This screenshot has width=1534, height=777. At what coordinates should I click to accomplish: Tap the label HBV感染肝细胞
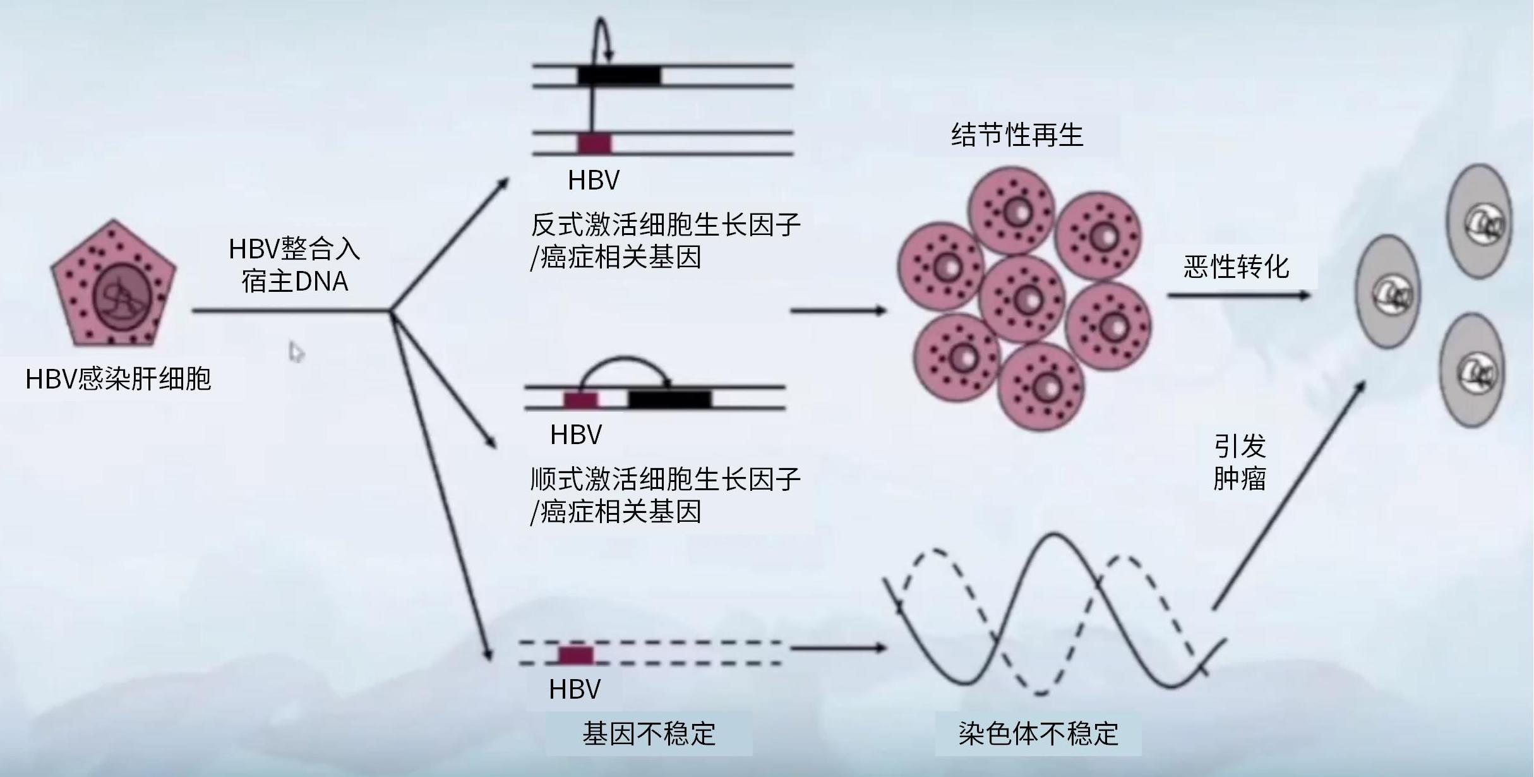[118, 379]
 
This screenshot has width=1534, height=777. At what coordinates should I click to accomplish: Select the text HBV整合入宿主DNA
[294, 265]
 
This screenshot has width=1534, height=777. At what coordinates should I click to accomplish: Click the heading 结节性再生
[1017, 135]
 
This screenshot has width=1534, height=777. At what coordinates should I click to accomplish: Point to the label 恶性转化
[1236, 267]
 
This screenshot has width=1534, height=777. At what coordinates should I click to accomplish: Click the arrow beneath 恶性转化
[1238, 295]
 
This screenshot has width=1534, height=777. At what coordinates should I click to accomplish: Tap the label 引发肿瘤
[1239, 462]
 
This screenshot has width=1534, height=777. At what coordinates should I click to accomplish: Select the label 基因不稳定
[649, 734]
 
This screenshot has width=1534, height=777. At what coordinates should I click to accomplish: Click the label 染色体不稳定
[1038, 734]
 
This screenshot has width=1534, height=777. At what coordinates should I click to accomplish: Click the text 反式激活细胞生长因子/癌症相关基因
[664, 241]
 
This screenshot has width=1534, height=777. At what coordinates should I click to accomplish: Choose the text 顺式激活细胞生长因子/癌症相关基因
[664, 496]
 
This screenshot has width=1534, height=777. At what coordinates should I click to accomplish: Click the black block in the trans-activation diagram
[619, 76]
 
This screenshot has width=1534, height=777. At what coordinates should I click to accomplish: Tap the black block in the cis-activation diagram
[669, 399]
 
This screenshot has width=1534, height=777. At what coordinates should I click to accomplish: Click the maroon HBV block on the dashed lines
[576, 654]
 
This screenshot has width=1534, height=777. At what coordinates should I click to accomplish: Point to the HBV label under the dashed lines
[575, 689]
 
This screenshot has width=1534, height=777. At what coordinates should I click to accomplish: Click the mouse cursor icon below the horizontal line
[296, 352]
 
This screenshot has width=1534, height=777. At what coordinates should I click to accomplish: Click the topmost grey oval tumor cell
[1479, 221]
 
